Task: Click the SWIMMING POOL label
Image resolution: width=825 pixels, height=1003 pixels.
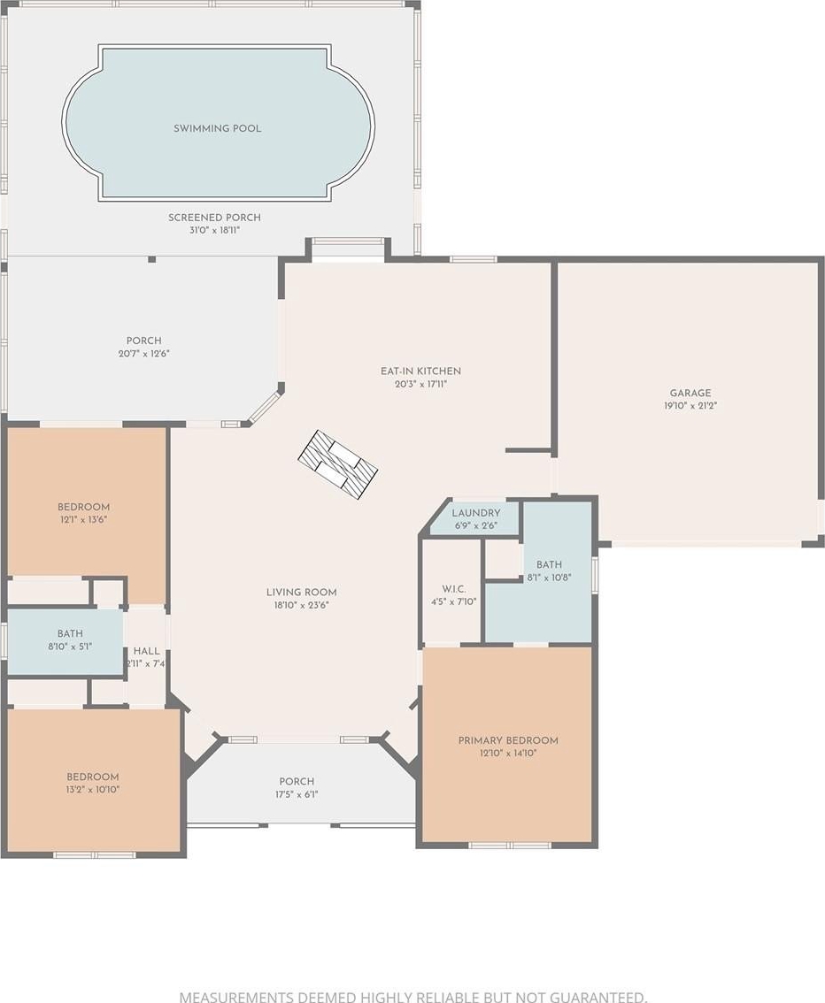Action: pyautogui.click(x=218, y=128)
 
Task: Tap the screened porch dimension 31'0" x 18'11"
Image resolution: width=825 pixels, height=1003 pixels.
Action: pyautogui.click(x=214, y=230)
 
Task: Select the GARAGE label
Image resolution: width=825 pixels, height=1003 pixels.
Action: pyautogui.click(x=690, y=394)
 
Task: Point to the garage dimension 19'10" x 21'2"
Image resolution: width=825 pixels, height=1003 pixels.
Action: pyautogui.click(x=690, y=406)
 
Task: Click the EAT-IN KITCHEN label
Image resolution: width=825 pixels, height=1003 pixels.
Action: pyautogui.click(x=420, y=371)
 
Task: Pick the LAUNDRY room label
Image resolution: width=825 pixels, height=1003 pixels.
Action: pyautogui.click(x=476, y=513)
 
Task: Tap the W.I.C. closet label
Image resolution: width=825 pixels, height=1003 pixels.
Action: pyautogui.click(x=454, y=589)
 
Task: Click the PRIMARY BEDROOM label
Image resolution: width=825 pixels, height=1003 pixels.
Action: pyautogui.click(x=508, y=740)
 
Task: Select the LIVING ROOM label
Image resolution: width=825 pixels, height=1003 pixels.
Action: pyautogui.click(x=302, y=593)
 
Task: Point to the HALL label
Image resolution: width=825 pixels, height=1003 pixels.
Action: pyautogui.click(x=147, y=651)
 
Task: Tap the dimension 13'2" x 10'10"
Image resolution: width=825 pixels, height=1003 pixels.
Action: pyautogui.click(x=93, y=789)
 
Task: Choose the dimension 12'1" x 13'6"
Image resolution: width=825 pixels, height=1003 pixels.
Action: pyautogui.click(x=83, y=519)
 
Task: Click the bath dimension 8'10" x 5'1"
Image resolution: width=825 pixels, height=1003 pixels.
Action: pyautogui.click(x=70, y=647)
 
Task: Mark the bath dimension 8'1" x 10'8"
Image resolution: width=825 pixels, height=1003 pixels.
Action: pyautogui.click(x=549, y=577)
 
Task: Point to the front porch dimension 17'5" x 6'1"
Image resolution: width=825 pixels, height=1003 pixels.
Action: pyautogui.click(x=297, y=794)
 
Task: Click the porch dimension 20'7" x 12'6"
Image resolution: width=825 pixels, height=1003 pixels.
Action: pyautogui.click(x=144, y=354)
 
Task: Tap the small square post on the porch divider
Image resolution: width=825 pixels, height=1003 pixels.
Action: pyautogui.click(x=151, y=259)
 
